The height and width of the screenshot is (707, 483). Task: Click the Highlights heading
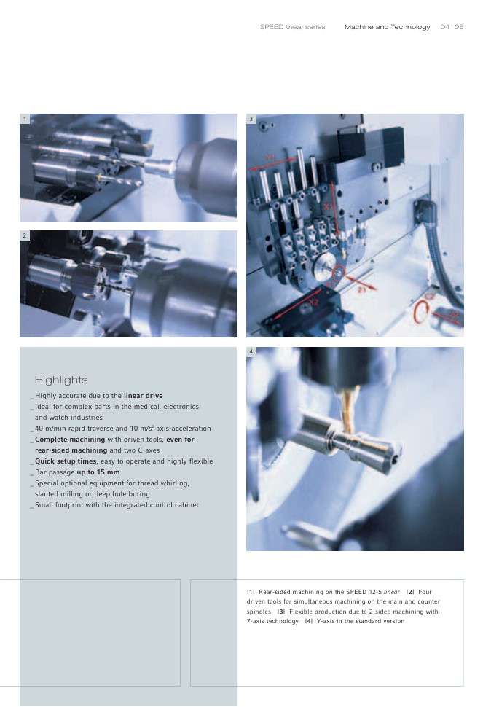(60, 380)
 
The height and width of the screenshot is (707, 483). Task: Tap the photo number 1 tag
(25, 119)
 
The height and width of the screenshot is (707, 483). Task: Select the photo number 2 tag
(25, 235)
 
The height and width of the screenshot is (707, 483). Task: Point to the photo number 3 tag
(251, 119)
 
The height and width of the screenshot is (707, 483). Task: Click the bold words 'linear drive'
(144, 396)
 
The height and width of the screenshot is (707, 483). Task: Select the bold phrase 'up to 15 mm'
(98, 472)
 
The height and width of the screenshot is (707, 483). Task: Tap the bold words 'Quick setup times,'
(66, 461)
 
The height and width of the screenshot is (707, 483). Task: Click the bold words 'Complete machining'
(70, 440)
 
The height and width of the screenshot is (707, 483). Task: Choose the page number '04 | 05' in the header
(452, 27)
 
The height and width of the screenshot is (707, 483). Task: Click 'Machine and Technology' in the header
(387, 27)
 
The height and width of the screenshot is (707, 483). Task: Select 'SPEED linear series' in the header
(292, 27)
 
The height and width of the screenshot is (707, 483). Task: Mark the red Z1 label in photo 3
(362, 290)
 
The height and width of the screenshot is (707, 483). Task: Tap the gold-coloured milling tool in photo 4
(347, 411)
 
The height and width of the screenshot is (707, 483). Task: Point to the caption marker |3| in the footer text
(280, 612)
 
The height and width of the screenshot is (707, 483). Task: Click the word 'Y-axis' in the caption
(326, 621)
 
